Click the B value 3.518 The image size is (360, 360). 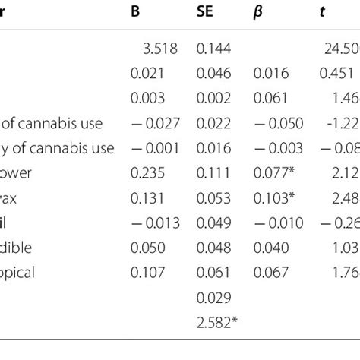(159, 49)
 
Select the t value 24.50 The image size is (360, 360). (339, 49)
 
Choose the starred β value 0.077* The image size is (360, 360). (275, 173)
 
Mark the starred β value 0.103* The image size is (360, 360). (275, 197)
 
